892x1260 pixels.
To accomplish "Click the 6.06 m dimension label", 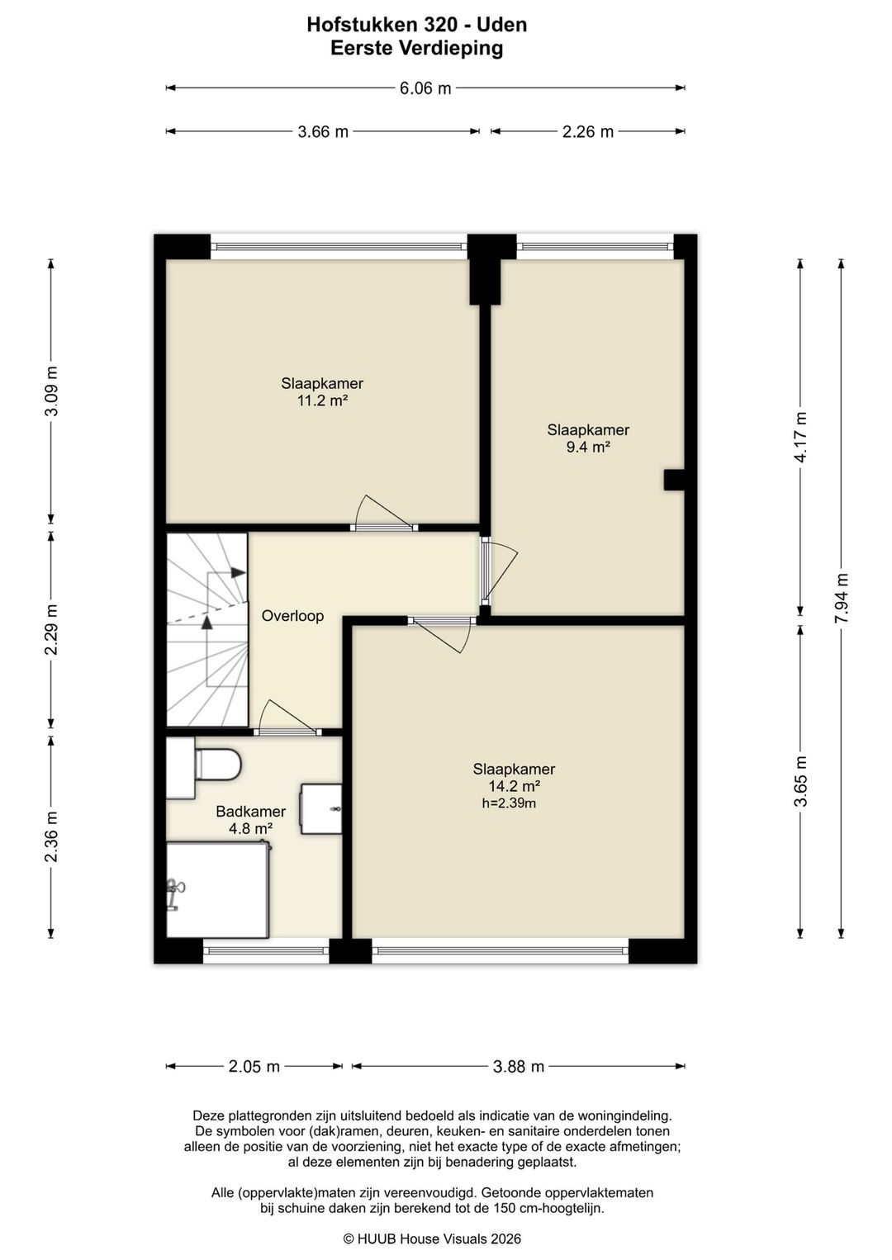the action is (x=425, y=88).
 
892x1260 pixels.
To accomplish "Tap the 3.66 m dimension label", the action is (x=323, y=132).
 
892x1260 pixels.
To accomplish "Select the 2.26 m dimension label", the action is (x=587, y=132).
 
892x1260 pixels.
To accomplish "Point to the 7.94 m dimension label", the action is (x=841, y=597).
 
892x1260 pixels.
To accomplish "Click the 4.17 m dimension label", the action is (x=800, y=437).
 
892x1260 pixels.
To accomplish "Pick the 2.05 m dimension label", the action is (x=254, y=1067).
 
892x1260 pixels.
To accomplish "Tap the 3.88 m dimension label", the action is (x=519, y=1067).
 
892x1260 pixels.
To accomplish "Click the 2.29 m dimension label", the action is (x=51, y=630).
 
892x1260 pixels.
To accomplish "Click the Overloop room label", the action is (x=292, y=616).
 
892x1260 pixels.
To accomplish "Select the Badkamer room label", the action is (x=250, y=812).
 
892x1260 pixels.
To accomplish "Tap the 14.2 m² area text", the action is (x=515, y=786).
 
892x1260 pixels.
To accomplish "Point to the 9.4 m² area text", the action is (x=588, y=448).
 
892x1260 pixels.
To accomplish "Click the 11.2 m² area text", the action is (x=322, y=400).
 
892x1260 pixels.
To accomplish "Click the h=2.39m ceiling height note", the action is (x=509, y=803).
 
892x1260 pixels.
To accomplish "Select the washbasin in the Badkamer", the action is (x=320, y=809).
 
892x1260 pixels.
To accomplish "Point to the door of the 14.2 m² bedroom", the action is (x=443, y=636).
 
